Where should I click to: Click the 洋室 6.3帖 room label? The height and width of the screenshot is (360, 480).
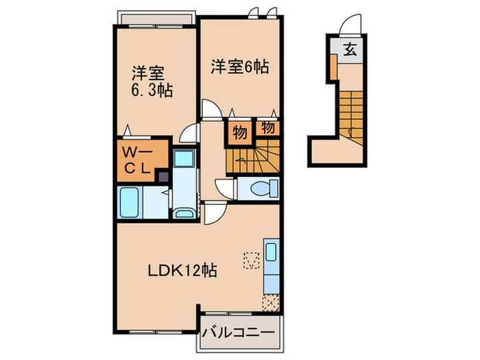pyautogui.click(x=152, y=81)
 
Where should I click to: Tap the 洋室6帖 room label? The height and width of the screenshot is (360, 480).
pyautogui.click(x=239, y=67)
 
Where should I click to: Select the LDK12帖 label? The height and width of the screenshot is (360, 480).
pyautogui.click(x=183, y=271)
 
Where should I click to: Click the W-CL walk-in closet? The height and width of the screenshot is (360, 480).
pyautogui.click(x=141, y=159)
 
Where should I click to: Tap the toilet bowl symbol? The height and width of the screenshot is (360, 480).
pyautogui.click(x=263, y=187)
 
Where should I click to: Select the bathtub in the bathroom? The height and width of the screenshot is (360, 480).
pyautogui.click(x=131, y=202)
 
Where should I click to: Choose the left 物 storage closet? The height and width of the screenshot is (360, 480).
pyautogui.click(x=239, y=132)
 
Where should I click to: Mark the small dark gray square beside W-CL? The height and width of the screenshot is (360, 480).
pyautogui.click(x=163, y=177)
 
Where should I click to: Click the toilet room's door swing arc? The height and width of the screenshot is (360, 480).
pyautogui.click(x=224, y=186)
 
